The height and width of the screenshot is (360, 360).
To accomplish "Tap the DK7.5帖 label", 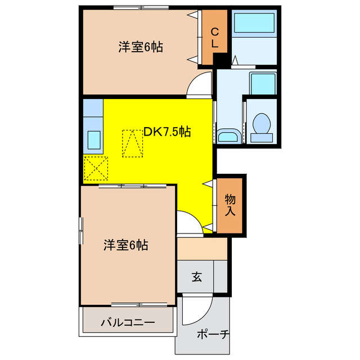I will pyautogui.click(x=166, y=132).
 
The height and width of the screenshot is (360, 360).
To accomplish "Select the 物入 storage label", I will pyautogui.click(x=230, y=205).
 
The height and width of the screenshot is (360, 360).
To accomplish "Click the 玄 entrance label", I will pyautogui.click(x=196, y=277).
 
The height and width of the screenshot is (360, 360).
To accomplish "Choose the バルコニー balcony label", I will pyautogui.click(x=128, y=323).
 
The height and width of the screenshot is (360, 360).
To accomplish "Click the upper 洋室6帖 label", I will pyautogui.click(x=141, y=47).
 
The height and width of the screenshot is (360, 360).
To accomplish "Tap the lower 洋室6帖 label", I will pyautogui.click(x=125, y=245).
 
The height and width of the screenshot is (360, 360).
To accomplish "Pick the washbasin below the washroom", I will pyautogui.click(x=228, y=137).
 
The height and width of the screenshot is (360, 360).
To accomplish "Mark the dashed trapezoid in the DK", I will pyautogui.click(x=133, y=143).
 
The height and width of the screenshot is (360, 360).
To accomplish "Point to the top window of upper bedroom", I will pyautogui.click(x=141, y=7).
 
